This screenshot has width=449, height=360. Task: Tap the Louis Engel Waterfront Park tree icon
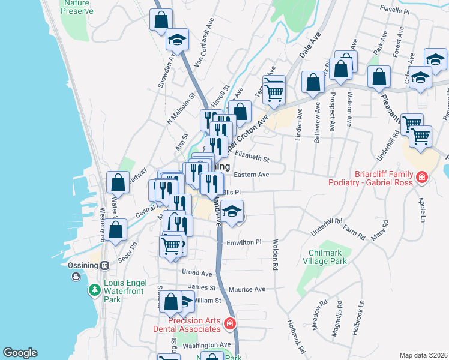[95, 290]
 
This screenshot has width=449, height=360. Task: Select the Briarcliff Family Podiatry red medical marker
[422, 178]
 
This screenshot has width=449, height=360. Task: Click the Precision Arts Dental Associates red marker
[229, 325]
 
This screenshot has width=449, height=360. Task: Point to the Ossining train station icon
[104, 265]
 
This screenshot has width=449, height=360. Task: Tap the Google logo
[20, 353]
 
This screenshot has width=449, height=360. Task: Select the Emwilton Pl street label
[244, 242]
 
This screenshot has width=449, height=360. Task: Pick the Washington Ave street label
[206, 345]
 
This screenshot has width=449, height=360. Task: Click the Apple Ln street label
[421, 206]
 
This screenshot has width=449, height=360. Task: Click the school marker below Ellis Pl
[231, 211]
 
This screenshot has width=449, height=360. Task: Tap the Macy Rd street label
[379, 232]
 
